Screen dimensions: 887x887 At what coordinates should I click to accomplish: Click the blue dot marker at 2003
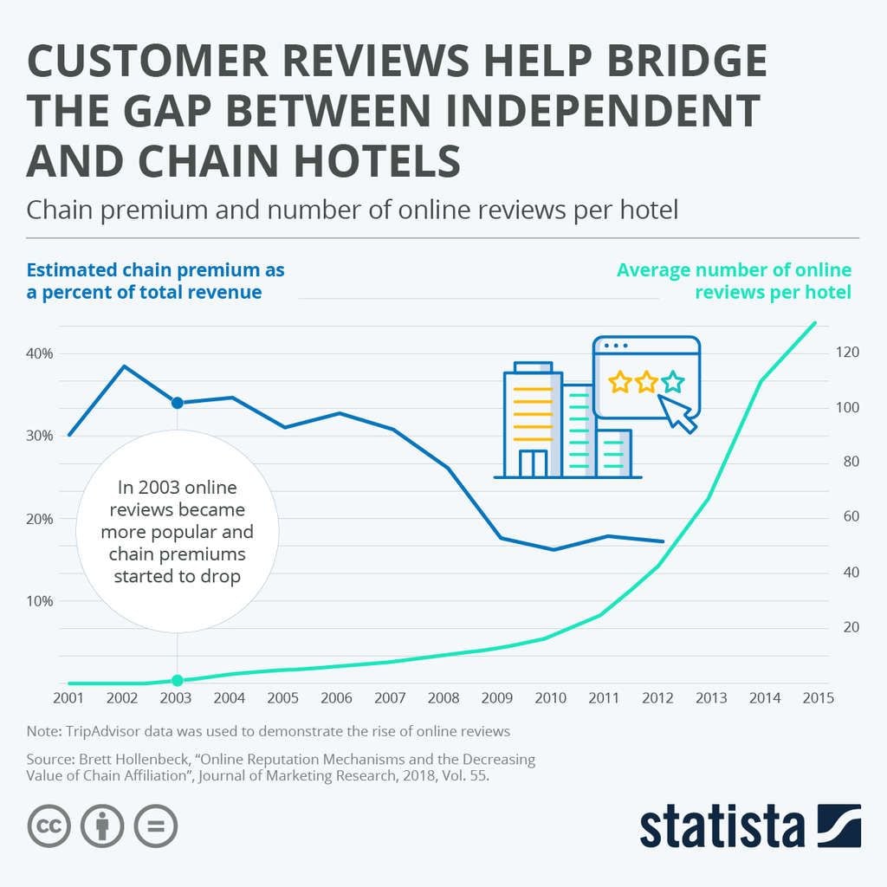(x=177, y=403)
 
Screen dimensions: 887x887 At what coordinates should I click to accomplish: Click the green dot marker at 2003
(x=177, y=680)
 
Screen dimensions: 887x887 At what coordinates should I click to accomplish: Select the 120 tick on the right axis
(x=846, y=352)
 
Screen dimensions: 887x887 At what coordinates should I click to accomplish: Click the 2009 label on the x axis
(x=496, y=698)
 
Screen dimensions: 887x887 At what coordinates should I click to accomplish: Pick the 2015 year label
(x=815, y=698)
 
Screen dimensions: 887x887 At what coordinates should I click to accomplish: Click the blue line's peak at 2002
(x=124, y=366)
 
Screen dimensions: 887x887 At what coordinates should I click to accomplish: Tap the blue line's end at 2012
(x=663, y=541)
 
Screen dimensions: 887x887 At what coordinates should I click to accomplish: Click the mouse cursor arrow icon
(x=678, y=412)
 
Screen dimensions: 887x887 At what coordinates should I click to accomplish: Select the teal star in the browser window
(x=672, y=381)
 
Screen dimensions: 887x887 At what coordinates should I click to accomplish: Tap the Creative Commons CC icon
(x=49, y=826)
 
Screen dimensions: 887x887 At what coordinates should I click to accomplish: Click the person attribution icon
(x=102, y=826)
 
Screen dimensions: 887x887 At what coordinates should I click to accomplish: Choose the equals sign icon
(x=156, y=826)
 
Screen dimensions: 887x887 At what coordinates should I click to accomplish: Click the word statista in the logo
(x=721, y=828)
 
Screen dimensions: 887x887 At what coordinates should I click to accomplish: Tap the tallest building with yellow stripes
(x=532, y=420)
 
